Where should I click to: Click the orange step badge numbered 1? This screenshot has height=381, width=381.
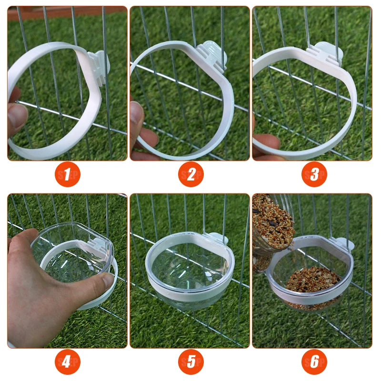(67, 175)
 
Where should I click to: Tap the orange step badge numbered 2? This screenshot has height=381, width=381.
(190, 175)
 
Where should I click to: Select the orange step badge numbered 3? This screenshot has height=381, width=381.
(314, 175)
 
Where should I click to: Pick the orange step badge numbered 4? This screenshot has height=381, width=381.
(67, 362)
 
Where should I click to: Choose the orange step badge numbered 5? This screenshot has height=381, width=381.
(190, 362)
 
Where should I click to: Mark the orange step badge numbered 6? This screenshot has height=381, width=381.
(314, 362)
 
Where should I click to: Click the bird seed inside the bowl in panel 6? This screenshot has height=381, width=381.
(312, 281)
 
